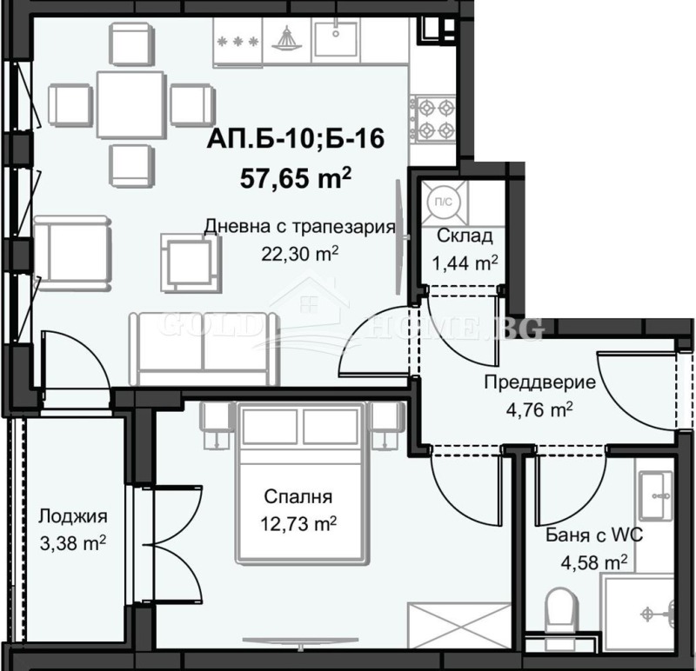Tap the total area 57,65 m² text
click(296, 177)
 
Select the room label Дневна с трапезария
click(299, 228)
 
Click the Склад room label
click(465, 236)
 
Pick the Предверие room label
click(539, 382)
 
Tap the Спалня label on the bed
click(299, 498)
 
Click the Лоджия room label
click(72, 516)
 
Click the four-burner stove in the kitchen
click(434, 119)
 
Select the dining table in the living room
click(130, 103)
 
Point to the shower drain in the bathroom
click(651, 612)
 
